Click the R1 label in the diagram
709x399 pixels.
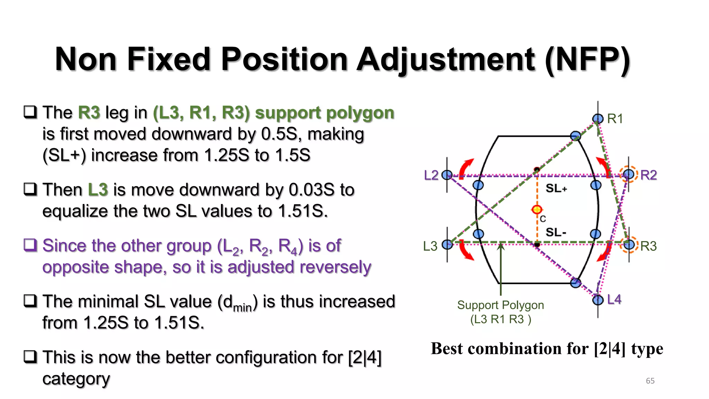click(x=615, y=119)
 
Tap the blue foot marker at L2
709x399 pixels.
click(x=447, y=175)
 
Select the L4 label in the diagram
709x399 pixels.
click(x=614, y=300)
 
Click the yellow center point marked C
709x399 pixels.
click(x=537, y=210)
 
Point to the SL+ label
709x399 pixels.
click(x=556, y=188)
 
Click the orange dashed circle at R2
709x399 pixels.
click(x=629, y=174)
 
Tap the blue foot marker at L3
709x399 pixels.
click(x=447, y=245)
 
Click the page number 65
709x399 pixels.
click(x=650, y=381)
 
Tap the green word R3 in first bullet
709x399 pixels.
click(x=89, y=113)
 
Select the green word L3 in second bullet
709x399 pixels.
click(x=98, y=190)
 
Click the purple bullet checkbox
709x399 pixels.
click(x=30, y=245)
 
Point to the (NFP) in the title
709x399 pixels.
click(x=587, y=60)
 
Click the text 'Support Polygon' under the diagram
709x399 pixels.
click(x=500, y=305)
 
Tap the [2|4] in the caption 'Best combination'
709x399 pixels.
click(x=610, y=349)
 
